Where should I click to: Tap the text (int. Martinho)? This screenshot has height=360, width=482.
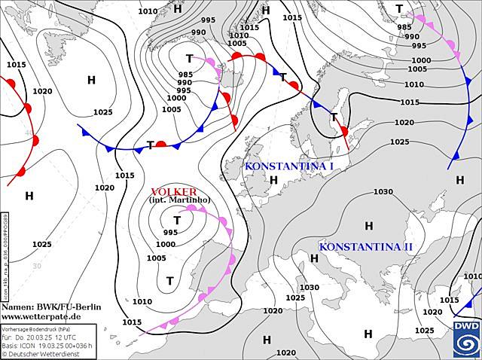click(x=180, y=200)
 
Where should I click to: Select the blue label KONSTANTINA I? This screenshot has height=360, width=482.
click(x=289, y=166)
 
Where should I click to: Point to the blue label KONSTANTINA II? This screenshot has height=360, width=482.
click(x=365, y=247)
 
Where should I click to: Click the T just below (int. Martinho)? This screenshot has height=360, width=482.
click(x=177, y=221)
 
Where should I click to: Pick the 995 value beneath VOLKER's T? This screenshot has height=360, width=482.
click(x=170, y=233)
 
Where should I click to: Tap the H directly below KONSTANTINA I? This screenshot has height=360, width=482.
click(x=273, y=180)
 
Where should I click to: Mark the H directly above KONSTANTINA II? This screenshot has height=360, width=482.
click(x=368, y=226)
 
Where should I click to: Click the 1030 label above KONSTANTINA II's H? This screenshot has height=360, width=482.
click(x=383, y=191)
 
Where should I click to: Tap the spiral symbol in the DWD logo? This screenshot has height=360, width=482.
click(x=465, y=343)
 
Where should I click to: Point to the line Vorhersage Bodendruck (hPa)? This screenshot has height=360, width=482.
click(x=38, y=329)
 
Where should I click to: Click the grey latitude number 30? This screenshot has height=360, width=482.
click(x=36, y=266)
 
